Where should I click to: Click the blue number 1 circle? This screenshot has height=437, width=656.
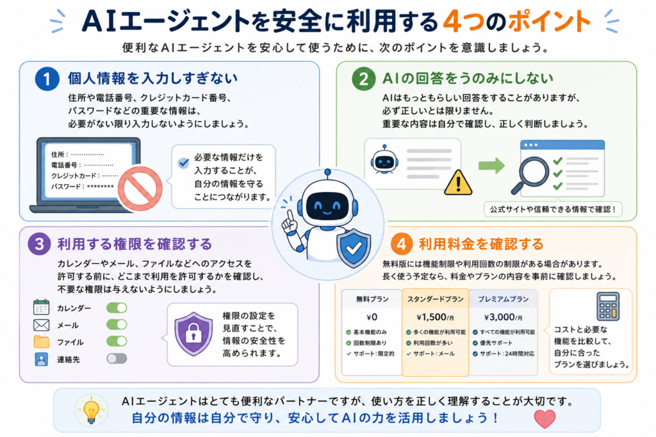click(47, 79)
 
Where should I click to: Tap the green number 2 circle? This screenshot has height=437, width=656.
click(364, 79)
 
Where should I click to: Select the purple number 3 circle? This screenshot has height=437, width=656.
click(39, 244)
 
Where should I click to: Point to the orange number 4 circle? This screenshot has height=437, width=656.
click(401, 244)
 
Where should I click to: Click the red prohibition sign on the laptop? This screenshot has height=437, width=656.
click(140, 188)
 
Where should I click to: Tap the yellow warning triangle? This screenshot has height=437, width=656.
click(458, 182)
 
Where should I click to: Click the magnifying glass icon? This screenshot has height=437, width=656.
click(530, 175)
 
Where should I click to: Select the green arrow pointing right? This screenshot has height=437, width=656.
click(491, 166)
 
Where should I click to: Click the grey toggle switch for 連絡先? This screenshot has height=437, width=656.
click(117, 358)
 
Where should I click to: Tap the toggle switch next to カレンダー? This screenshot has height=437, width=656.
click(117, 308)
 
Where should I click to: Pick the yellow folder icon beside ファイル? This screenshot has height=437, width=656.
click(42, 341)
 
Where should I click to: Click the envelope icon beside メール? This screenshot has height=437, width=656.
click(42, 324)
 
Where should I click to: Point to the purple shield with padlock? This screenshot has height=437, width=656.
click(193, 333)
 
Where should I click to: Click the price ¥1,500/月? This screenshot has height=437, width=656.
click(435, 317)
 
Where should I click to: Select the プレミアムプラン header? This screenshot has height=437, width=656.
click(504, 299)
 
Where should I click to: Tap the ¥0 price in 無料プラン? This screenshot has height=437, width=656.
click(372, 317)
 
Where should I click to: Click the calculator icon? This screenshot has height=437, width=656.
click(608, 306)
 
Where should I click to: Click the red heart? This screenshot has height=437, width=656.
click(545, 418)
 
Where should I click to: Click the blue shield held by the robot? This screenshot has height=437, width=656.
click(354, 248)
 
